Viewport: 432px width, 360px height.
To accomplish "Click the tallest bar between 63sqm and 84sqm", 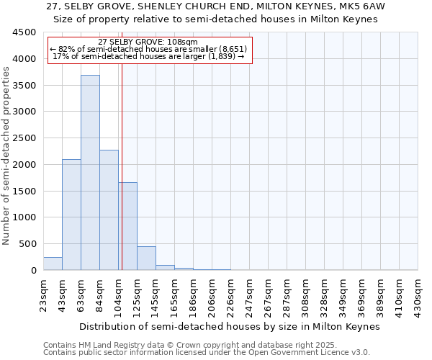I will coord(90,173).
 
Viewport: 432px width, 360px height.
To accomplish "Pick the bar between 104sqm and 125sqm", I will coord(127,226).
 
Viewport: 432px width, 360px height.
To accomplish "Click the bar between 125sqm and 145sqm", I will coord(146,258).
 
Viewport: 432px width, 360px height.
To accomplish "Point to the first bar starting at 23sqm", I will coord(53,264).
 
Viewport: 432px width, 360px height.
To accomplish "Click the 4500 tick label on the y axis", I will coord(24,32).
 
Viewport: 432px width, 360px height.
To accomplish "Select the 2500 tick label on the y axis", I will coord(24,138).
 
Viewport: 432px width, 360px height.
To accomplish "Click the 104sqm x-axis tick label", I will coord(119,294).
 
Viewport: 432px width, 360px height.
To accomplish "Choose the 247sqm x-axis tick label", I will coord(250,294).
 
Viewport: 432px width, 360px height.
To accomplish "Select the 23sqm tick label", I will coord(44,294).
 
